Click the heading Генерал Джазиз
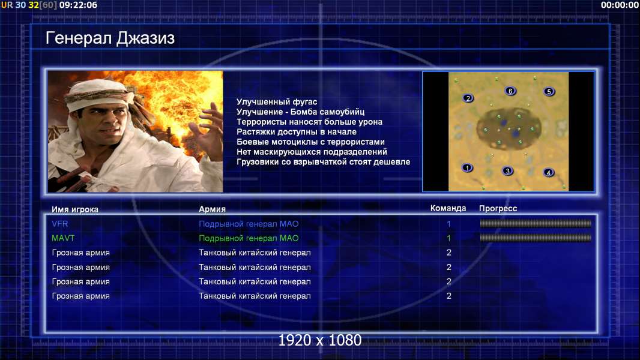110,38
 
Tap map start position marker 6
510,91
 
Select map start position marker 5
549,92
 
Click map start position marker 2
468,98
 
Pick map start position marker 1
467,167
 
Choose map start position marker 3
507,171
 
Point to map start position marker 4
549,172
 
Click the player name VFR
60,224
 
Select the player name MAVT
63,238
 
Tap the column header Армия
213,209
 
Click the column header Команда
448,208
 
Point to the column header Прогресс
498,208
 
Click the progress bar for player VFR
536,223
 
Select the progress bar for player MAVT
536,238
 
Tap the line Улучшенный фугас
277,102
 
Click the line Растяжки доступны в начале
297,131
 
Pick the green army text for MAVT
249,238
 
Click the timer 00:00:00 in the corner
620,5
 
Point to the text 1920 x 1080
320,340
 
